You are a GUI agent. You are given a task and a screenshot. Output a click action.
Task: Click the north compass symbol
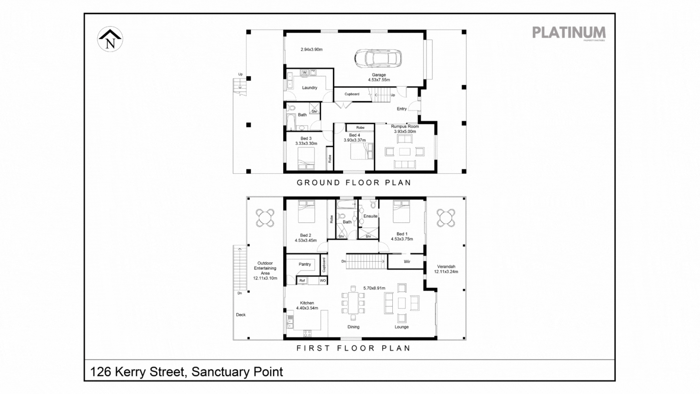coord(111,39)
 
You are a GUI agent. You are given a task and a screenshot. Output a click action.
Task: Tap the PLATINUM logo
coord(569,33)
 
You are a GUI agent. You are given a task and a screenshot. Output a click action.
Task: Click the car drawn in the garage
coord(378,58)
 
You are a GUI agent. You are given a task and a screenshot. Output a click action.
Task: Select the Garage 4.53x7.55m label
coord(379,77)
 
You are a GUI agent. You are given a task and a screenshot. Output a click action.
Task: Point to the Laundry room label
coord(310,88)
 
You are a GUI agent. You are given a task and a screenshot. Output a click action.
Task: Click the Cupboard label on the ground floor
coord(352,94)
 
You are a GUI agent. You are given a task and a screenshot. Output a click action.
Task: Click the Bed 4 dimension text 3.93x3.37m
coord(354,140)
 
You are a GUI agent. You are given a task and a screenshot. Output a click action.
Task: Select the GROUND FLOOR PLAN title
coord(354,183)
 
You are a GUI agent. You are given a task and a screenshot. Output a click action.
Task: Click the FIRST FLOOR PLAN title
coord(353,348)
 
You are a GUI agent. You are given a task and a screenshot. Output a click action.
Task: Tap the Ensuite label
coord(371,216)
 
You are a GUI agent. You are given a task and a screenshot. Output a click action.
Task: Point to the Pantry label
coord(305,264)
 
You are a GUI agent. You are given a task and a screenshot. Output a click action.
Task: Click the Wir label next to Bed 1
coord(407,262)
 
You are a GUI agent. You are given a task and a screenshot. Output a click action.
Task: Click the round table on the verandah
coord(446,217)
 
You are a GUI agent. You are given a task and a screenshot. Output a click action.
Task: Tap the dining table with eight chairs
coord(353,303)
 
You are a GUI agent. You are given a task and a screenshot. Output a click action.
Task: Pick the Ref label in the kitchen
coord(302,281)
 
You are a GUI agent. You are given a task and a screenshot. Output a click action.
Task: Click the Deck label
coord(241,315)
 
